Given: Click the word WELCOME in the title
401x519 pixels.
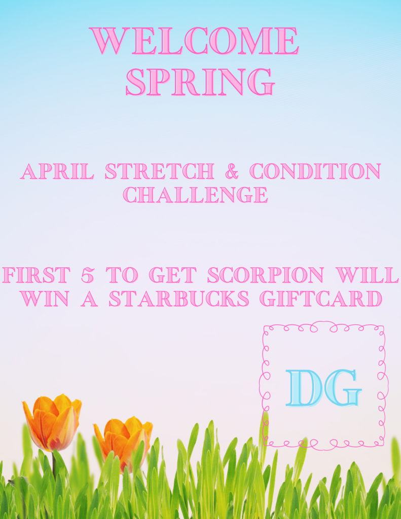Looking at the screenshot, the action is click(194, 41).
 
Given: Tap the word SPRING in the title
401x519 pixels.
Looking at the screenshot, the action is click(200, 82).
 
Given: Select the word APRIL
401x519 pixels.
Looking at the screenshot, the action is click(57, 171).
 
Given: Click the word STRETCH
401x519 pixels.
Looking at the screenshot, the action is click(159, 171).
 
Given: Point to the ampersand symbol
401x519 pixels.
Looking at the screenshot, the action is click(232, 171).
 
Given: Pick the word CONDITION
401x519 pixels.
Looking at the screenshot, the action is click(315, 171).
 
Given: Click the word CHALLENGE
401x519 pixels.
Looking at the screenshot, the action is click(195, 194).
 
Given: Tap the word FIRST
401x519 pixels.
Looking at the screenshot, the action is click(36, 275).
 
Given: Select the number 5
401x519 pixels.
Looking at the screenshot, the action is click(87, 275).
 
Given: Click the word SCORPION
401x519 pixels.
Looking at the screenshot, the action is click(265, 275).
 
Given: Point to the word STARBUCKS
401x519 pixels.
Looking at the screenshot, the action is click(179, 299).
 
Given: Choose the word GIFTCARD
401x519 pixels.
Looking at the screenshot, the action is click(321, 299).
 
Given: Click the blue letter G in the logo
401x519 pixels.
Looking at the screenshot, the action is click(342, 388).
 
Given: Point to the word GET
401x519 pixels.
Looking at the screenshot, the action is click(172, 275).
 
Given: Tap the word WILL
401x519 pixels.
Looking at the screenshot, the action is click(367, 275).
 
